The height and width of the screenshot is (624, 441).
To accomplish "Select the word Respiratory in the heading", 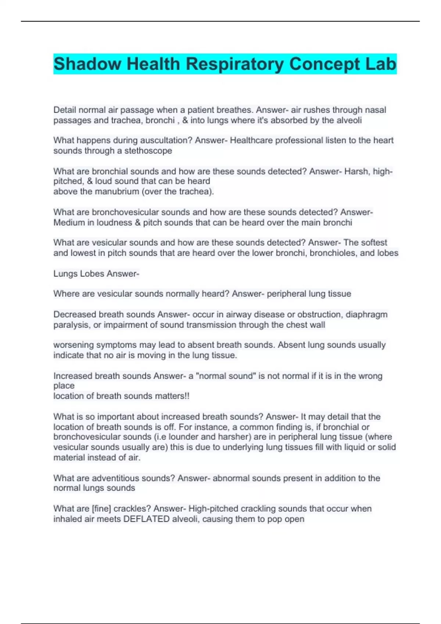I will point(237,64).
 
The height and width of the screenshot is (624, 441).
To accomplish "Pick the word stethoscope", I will point(148,150).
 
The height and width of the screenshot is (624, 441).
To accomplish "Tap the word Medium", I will point(69,222).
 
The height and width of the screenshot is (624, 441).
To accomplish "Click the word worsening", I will point(73,345).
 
